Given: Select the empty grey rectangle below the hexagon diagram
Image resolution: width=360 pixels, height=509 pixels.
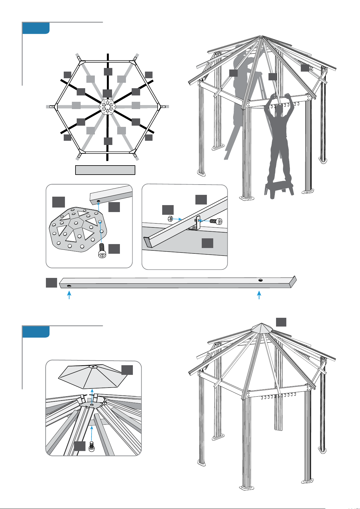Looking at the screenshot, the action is [x=105, y=170].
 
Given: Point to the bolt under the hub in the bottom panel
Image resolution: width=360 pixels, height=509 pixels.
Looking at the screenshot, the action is [x=92, y=446].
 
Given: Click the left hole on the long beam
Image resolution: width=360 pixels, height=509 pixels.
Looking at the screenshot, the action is [x=69, y=285].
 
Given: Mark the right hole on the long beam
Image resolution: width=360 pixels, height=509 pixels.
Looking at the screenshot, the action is [x=260, y=280].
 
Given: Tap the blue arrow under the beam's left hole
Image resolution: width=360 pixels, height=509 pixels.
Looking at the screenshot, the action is [x=69, y=295].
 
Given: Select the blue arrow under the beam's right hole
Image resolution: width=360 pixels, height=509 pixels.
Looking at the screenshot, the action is [x=259, y=295].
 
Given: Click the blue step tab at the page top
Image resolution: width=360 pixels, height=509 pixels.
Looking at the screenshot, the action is [x=36, y=28].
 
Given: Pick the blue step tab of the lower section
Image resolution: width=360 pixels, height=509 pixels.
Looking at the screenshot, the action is [x=36, y=332].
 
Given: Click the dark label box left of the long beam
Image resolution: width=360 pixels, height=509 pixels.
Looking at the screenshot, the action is [x=51, y=283].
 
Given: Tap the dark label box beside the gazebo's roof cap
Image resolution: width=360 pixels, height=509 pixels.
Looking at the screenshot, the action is [x=281, y=322].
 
